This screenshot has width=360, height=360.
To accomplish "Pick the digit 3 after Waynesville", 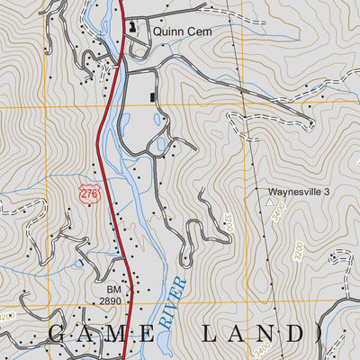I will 328,192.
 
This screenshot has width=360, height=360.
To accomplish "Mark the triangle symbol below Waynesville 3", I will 268,203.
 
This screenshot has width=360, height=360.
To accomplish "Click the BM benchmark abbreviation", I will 112,289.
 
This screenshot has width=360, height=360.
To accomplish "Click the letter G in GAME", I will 55,334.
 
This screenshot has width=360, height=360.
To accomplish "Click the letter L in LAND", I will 209,334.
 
